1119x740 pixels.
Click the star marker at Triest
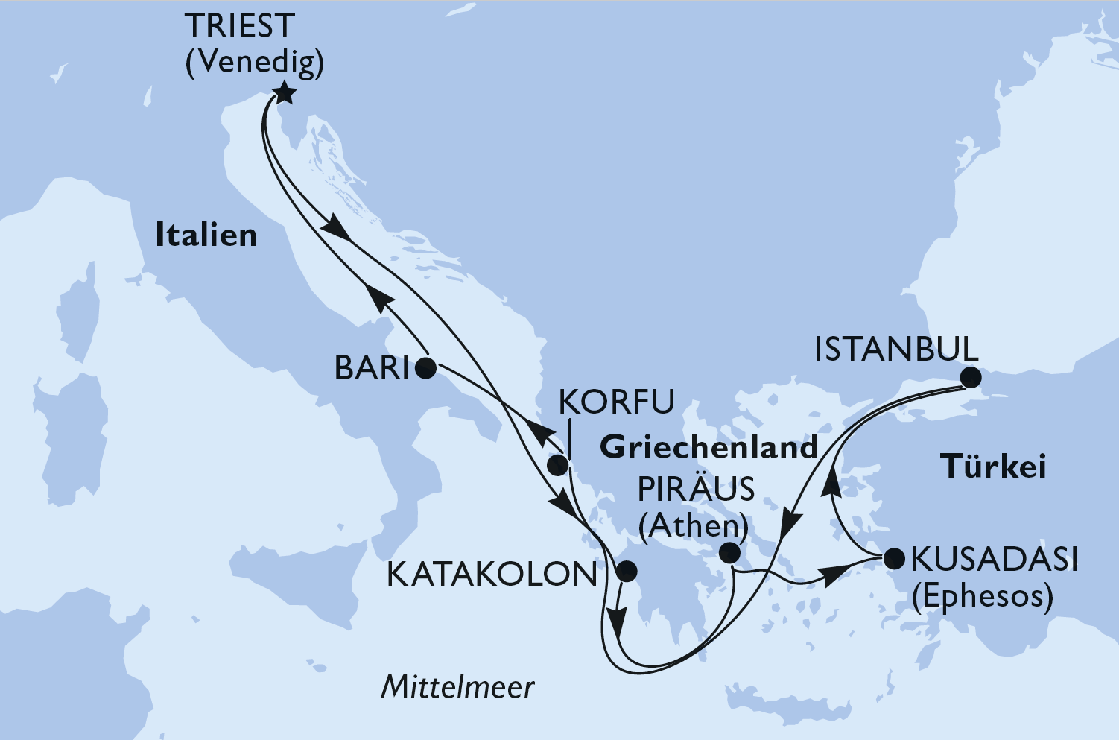(285, 94)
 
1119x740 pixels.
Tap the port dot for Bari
(425, 367)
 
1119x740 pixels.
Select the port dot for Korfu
(557, 466)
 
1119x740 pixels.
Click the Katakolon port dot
(627, 572)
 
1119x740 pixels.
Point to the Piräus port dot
(730, 553)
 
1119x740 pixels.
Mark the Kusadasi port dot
(893, 558)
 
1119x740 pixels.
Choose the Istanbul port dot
(970, 377)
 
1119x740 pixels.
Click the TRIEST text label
(240, 27)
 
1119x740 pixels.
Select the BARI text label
(372, 368)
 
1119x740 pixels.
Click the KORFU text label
(616, 402)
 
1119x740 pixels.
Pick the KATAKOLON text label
(492, 575)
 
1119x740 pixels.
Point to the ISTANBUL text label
(895, 350)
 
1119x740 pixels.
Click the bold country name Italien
(206, 235)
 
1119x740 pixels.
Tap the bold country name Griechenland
(709, 447)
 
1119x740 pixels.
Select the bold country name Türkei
(993, 467)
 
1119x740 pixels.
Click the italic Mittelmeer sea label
(457, 686)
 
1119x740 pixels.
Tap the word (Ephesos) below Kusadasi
(983, 596)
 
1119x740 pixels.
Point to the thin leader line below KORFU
(569, 440)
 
